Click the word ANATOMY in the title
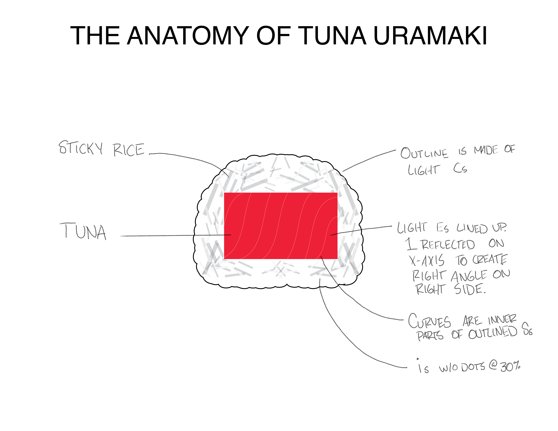pyautogui.click(x=188, y=36)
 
